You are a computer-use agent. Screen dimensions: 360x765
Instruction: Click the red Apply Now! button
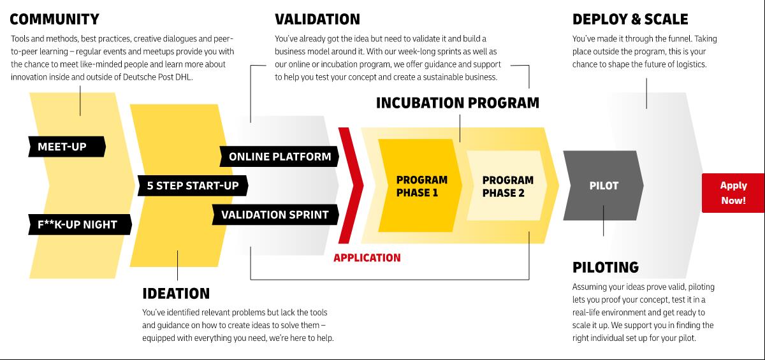[x=733, y=192]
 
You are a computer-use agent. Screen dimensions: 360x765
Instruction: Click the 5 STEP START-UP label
[x=193, y=186]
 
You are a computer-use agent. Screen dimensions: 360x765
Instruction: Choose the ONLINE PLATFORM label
[x=279, y=156]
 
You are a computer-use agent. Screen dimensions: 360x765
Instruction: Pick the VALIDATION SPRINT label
[x=274, y=215]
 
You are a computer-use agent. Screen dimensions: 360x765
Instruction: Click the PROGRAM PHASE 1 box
[x=421, y=186]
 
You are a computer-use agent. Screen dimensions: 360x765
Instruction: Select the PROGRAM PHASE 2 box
[x=507, y=186]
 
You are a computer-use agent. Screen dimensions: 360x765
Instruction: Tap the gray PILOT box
[x=602, y=186]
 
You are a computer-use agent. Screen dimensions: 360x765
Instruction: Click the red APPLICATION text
[x=367, y=258]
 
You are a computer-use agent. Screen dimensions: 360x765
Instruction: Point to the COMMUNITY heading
[x=55, y=19]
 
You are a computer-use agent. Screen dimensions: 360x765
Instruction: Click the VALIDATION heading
[x=317, y=19]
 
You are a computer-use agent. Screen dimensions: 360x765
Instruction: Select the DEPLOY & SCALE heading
[x=630, y=19]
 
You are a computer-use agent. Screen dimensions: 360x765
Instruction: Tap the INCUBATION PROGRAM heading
[x=457, y=103]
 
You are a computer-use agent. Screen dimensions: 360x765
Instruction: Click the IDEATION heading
[x=176, y=294]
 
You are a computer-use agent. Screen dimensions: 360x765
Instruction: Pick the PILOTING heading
[x=605, y=267]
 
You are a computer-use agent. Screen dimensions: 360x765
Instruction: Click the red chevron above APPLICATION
[x=349, y=185]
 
